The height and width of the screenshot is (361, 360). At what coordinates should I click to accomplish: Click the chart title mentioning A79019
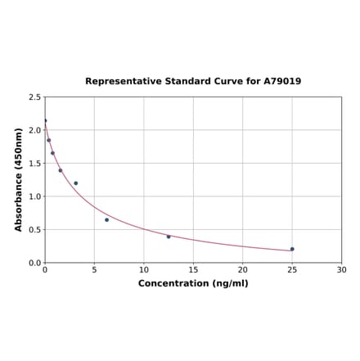tap(193, 81)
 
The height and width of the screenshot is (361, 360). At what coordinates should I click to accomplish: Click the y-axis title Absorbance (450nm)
tap(19, 179)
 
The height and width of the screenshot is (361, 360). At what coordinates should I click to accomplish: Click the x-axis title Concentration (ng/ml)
tap(193, 283)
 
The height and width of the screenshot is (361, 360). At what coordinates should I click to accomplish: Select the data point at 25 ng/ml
tap(292, 249)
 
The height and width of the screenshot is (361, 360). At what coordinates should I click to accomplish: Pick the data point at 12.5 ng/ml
tap(169, 237)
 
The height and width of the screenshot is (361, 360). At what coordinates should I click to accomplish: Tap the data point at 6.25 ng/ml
tap(106, 219)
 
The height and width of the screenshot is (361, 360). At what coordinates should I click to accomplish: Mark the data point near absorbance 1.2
tap(76, 183)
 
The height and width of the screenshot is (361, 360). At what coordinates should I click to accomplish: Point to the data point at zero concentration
tap(45, 120)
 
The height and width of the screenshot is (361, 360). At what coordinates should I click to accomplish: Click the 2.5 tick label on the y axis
tap(35, 97)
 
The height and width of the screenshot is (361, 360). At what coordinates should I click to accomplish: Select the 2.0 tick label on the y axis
tap(35, 130)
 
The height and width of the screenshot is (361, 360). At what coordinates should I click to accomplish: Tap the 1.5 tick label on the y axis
tap(35, 163)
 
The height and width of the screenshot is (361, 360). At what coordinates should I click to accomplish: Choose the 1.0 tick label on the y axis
tap(35, 196)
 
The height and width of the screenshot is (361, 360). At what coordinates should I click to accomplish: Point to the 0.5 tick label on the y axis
tap(35, 229)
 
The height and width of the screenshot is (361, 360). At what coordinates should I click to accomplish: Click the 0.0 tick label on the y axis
tap(35, 263)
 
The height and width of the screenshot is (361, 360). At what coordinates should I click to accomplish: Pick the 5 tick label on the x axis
tap(94, 270)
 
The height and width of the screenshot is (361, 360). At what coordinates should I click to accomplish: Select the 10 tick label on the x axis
tap(144, 270)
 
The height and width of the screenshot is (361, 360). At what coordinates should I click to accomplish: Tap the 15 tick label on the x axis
tap(193, 270)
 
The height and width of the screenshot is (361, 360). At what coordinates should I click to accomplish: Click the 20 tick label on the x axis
tap(243, 270)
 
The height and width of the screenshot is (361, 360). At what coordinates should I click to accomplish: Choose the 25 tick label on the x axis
tap(292, 270)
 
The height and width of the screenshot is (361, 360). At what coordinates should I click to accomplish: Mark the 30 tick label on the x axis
tap(341, 270)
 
